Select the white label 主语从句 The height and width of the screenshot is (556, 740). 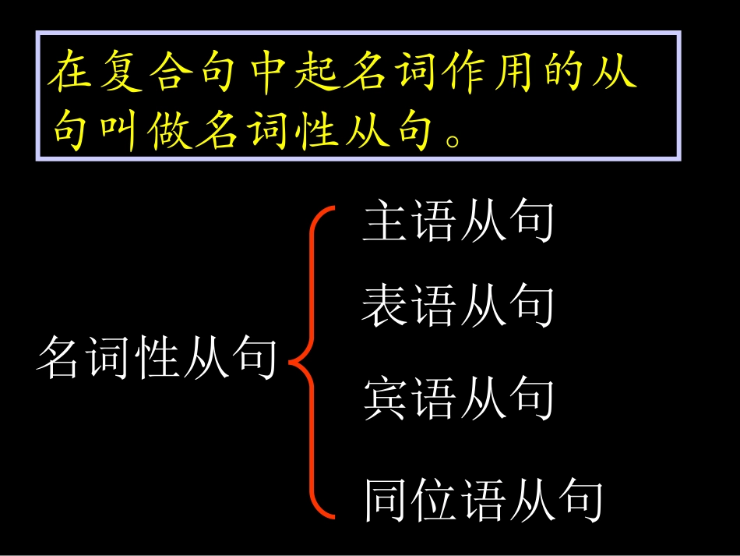(x=457, y=222)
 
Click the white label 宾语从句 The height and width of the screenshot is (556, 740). (x=457, y=400)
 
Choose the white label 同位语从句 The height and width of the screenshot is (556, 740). (x=483, y=501)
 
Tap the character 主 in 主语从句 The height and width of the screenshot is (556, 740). (x=385, y=222)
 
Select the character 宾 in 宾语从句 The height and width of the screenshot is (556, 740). (x=385, y=400)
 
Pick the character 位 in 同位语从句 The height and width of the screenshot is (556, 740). (x=433, y=501)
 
